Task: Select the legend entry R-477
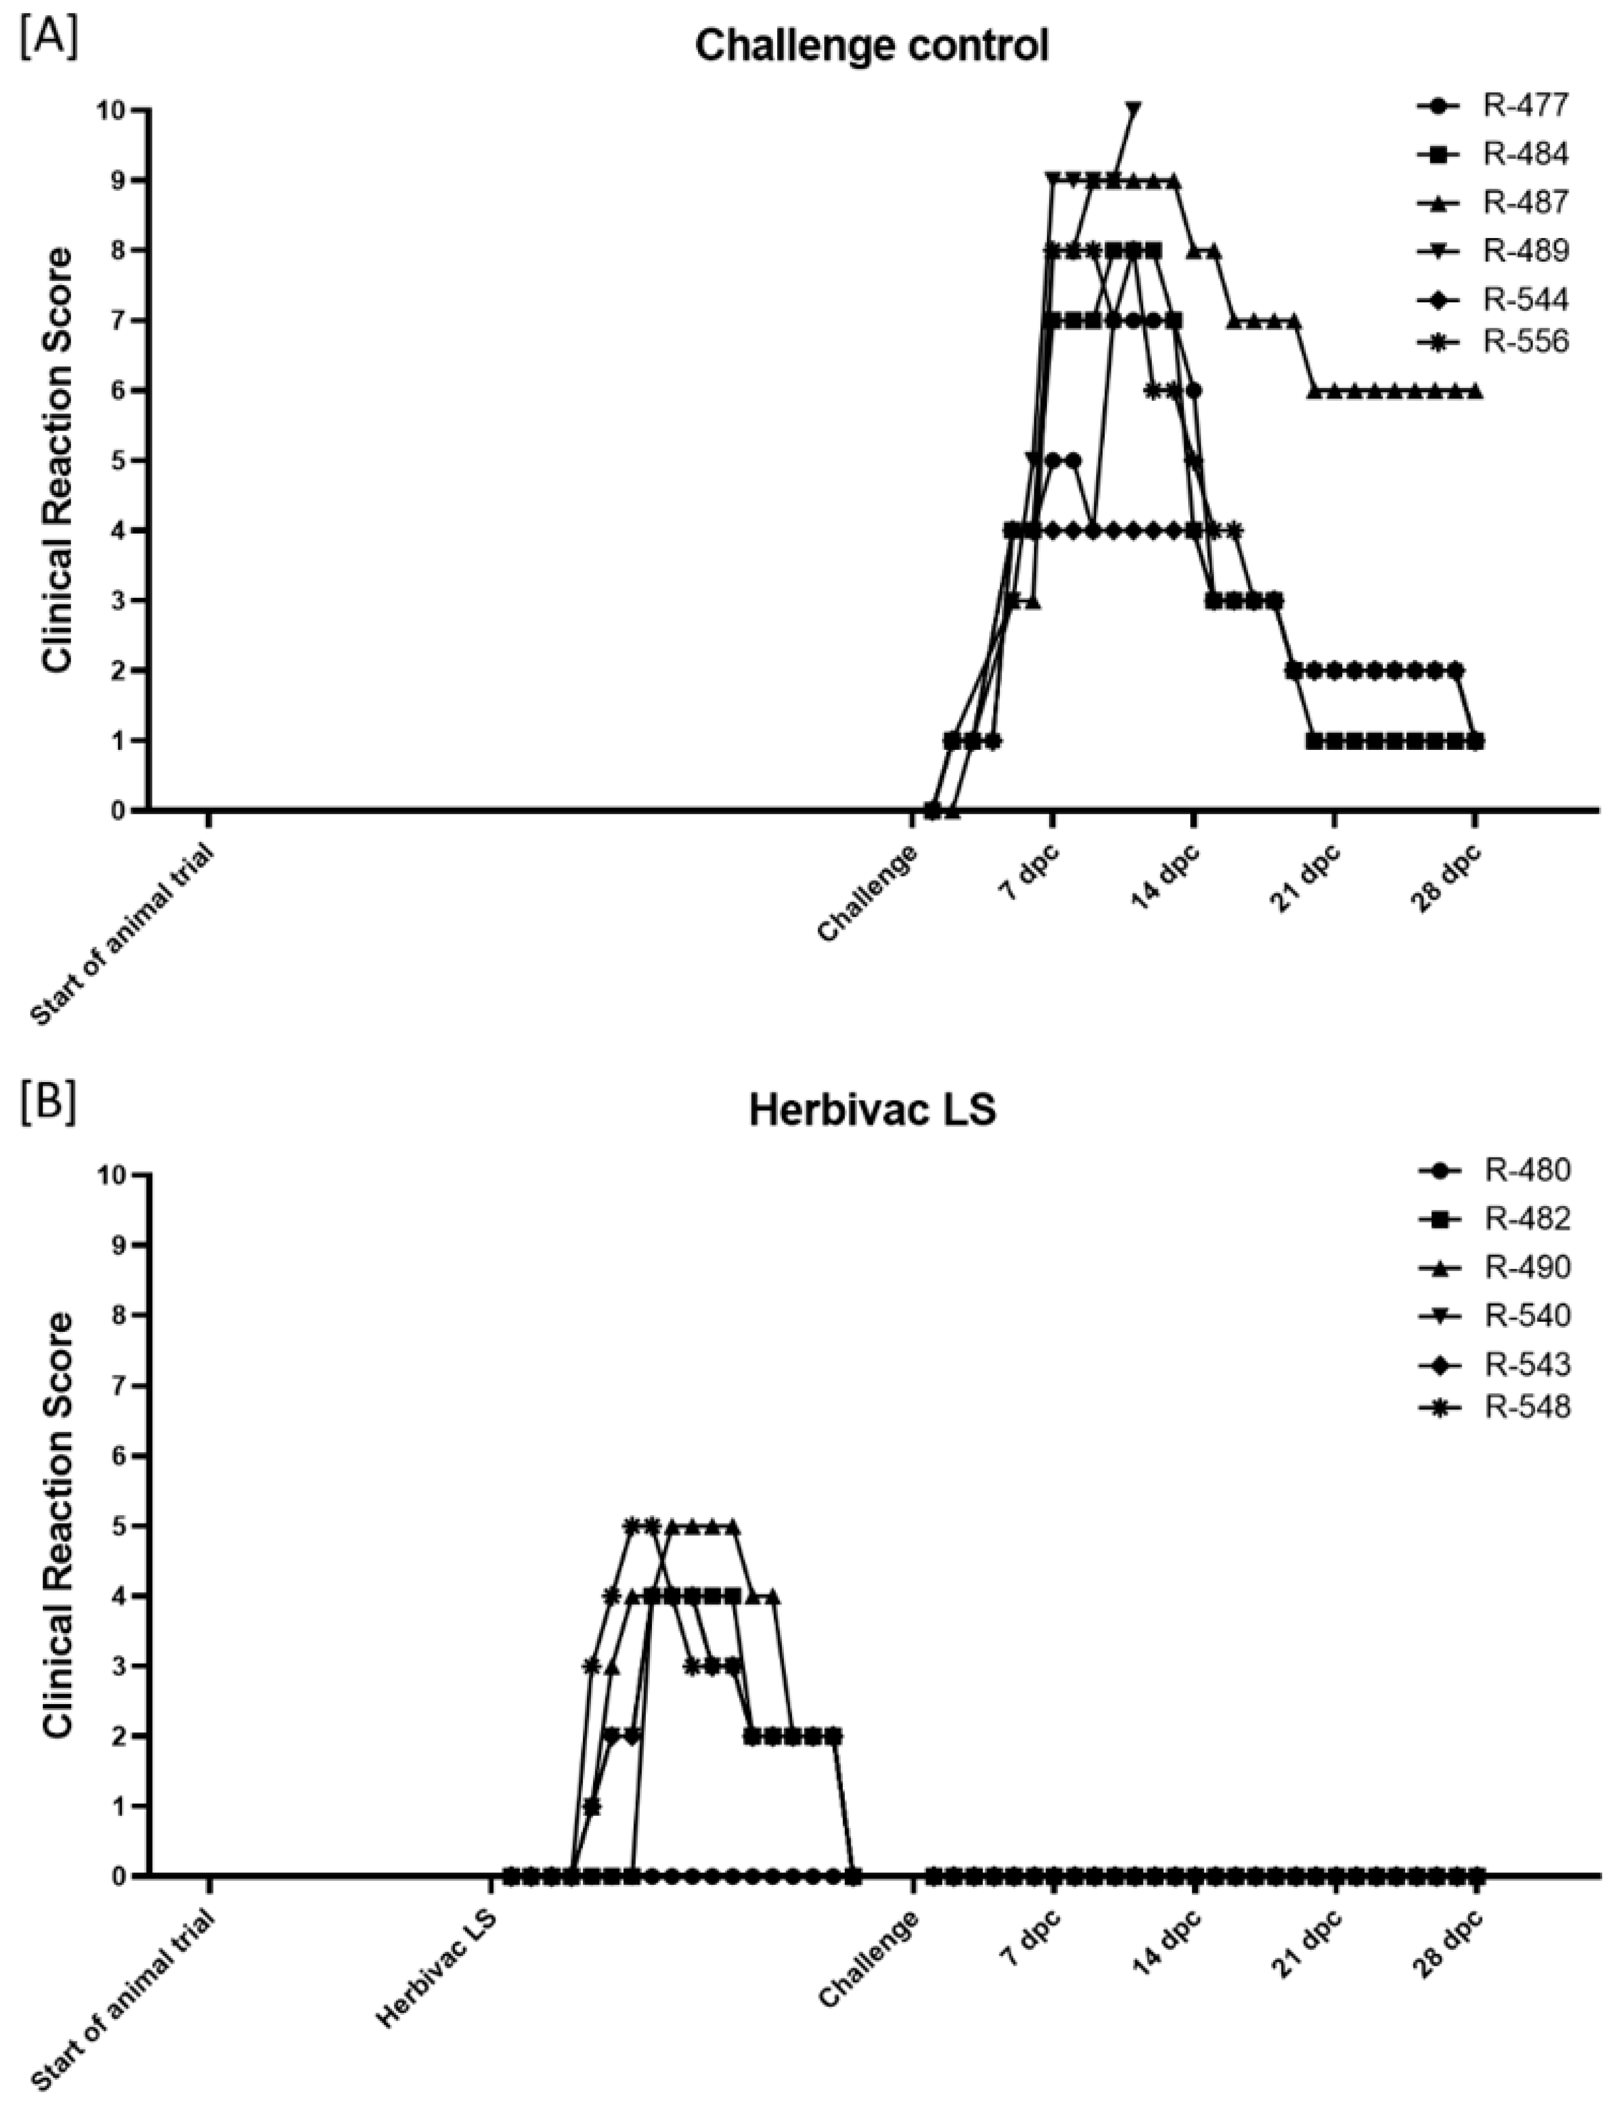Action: click(x=1525, y=106)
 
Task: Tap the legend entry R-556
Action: click(x=1525, y=342)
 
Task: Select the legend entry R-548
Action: click(x=1525, y=1407)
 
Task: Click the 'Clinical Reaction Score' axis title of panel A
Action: click(x=58, y=460)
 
